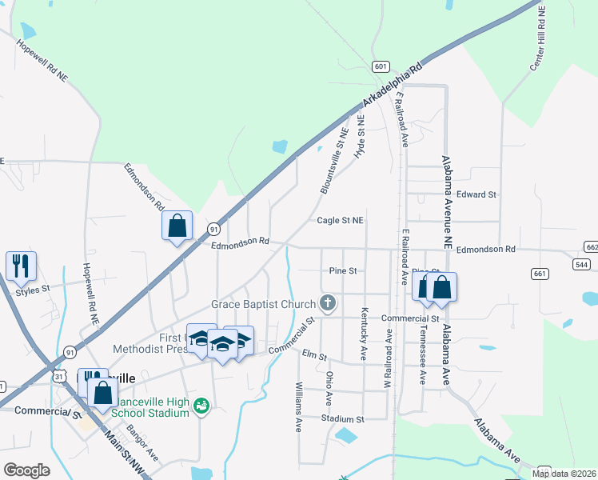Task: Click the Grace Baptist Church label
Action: click(264, 304)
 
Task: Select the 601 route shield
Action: click(381, 67)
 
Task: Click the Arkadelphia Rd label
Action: click(392, 87)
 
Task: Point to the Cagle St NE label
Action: click(341, 220)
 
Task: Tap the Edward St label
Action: click(477, 194)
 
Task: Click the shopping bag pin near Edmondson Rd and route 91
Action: click(177, 226)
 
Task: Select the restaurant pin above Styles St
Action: click(21, 266)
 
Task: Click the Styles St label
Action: click(33, 290)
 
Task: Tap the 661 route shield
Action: click(541, 274)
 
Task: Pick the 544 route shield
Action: click(583, 264)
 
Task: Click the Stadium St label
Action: click(343, 418)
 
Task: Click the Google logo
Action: click(26, 470)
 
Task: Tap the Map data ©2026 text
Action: click(564, 474)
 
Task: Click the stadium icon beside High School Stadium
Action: click(201, 407)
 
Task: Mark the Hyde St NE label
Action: click(360, 136)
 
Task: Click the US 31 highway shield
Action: click(58, 375)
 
